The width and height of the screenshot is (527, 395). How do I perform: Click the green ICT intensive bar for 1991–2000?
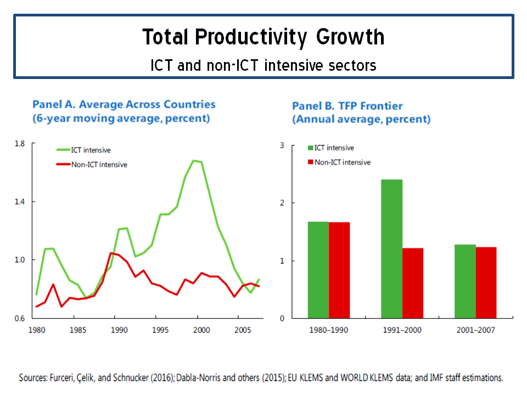click(391, 249)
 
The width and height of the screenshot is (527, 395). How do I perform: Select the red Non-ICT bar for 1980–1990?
click(339, 270)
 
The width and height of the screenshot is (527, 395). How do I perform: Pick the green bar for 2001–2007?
click(465, 281)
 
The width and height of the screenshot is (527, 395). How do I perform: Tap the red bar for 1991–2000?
click(413, 283)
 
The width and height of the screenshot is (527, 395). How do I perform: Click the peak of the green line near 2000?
click(194, 161)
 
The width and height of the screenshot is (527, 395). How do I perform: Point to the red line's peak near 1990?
click(111, 253)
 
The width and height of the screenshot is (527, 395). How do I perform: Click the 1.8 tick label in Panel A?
click(20, 144)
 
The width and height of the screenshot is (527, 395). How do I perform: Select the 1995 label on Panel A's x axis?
click(160, 330)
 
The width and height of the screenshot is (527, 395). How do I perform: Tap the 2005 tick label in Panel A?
click(243, 330)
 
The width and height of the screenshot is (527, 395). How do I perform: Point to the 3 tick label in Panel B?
click(282, 145)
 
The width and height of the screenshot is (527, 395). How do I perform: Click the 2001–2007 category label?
click(475, 330)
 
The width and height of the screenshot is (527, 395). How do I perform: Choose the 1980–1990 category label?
click(329, 330)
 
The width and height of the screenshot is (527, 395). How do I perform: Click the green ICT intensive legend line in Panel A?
click(63, 150)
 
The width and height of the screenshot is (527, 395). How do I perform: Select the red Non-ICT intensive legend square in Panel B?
click(311, 162)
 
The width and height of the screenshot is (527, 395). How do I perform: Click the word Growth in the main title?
click(350, 37)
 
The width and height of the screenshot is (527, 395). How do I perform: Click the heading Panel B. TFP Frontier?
click(347, 106)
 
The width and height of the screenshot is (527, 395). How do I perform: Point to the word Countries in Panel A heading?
click(189, 104)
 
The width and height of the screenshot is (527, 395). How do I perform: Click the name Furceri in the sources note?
click(61, 378)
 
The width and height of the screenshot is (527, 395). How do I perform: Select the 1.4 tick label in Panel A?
click(20, 202)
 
